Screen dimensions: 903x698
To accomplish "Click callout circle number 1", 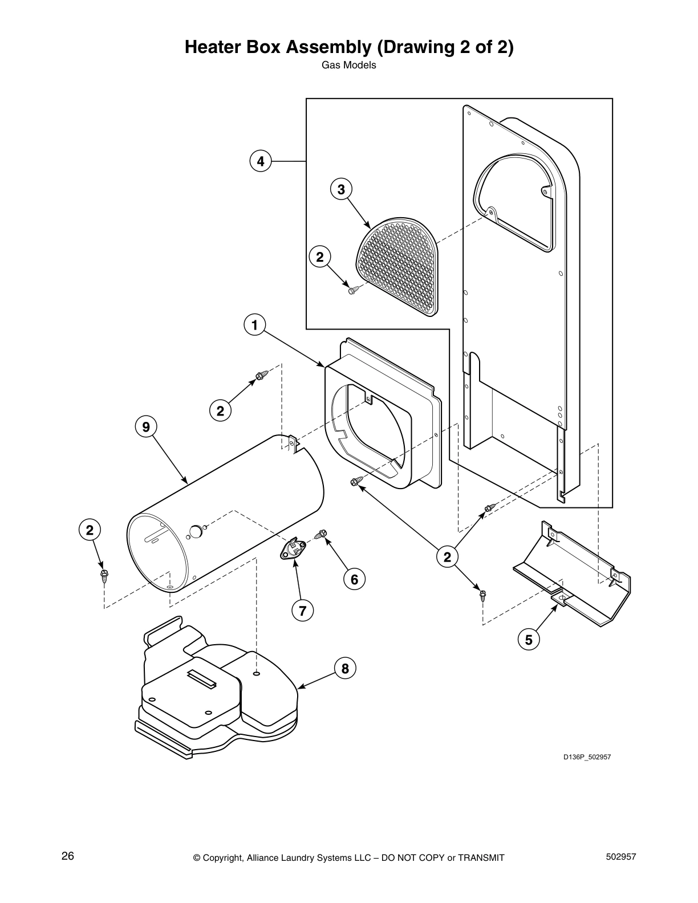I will (254, 326).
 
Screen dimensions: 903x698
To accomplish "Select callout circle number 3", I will (341, 189).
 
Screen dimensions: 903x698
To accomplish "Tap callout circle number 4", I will (261, 161).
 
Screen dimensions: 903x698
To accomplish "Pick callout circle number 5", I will (529, 640).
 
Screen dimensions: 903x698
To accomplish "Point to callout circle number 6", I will (354, 579).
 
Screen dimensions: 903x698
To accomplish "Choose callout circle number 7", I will (302, 611).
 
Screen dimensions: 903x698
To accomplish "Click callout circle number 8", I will (345, 668).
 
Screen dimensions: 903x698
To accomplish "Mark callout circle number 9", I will (146, 426).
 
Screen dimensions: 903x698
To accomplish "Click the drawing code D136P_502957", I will (587, 758).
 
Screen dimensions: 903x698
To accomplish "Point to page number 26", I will (68, 856).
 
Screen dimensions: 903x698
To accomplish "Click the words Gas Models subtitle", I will (349, 65).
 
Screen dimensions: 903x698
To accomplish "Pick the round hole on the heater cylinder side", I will (195, 532).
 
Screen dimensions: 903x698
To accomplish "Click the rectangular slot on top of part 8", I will (203, 677).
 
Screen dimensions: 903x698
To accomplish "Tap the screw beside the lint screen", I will (352, 290).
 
